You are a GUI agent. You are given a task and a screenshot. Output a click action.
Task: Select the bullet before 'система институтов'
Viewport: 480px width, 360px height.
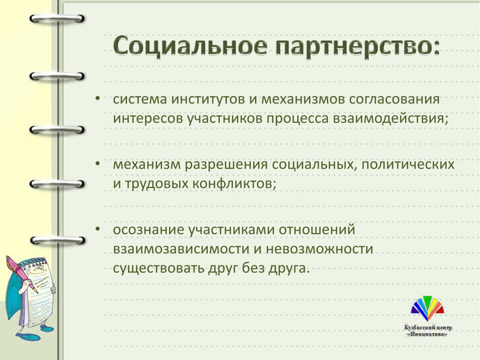pos(97,98)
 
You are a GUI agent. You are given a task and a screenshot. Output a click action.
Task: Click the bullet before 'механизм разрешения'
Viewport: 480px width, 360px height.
pos(97,164)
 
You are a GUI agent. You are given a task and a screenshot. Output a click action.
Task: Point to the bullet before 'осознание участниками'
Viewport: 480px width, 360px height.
pos(97,229)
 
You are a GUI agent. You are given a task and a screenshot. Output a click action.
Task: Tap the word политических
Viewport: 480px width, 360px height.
pos(408,165)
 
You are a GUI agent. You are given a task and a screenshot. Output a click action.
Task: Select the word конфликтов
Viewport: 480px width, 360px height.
pos(234,184)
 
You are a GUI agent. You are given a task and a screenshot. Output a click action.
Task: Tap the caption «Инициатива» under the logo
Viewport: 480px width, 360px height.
pos(427,335)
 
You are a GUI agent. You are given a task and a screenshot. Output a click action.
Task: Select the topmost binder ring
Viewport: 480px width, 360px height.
pos(57,19)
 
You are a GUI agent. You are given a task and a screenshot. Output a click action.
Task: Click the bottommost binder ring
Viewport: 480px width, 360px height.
pos(57,240)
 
